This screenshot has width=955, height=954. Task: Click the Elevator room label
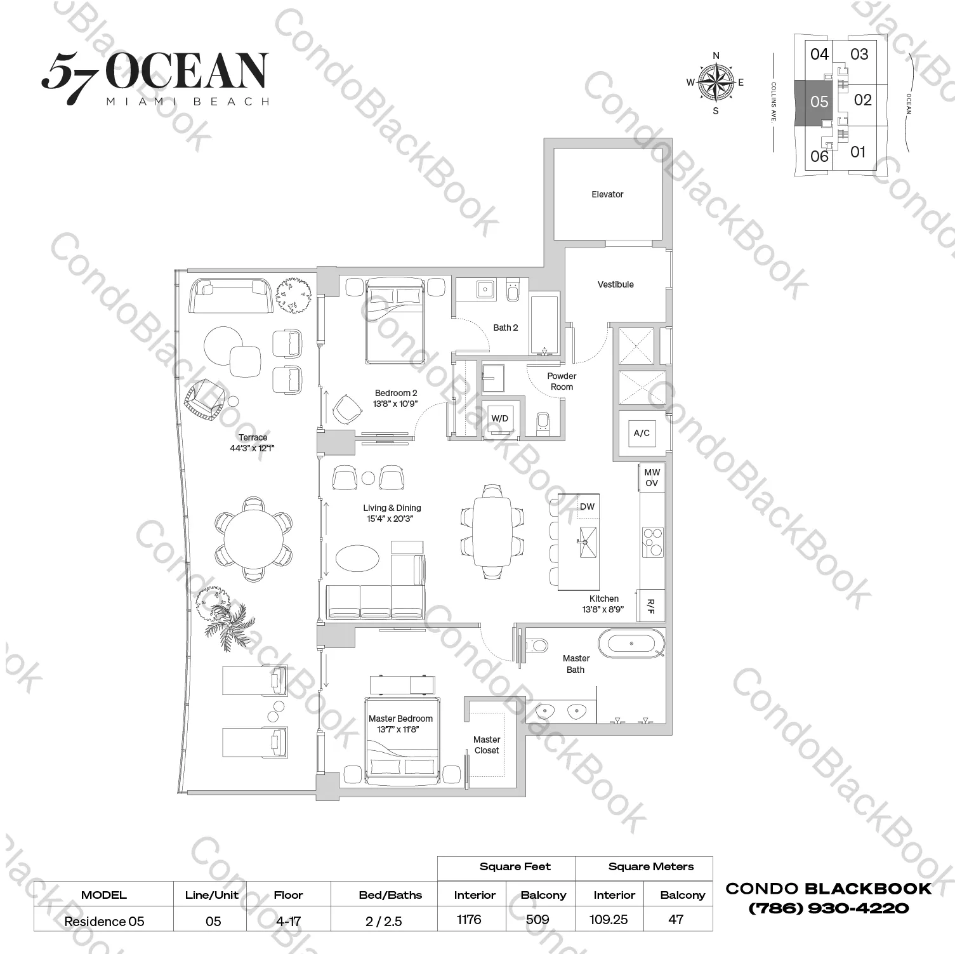(x=607, y=194)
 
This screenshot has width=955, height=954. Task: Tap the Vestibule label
(x=615, y=284)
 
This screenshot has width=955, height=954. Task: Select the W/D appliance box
(x=500, y=418)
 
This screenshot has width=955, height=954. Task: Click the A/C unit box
(x=642, y=433)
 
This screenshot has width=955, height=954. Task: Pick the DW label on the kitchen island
(x=587, y=506)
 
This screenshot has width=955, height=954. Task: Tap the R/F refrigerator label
(x=650, y=606)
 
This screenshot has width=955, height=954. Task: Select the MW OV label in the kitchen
(x=652, y=477)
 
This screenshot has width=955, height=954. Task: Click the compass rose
(x=716, y=83)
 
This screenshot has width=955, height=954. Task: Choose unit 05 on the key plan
(x=819, y=102)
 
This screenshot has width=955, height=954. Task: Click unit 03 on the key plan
(x=859, y=55)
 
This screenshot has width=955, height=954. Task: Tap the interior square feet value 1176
(x=469, y=919)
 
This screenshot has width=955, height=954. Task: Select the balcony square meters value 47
(x=676, y=919)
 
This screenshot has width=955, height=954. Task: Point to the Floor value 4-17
(x=288, y=921)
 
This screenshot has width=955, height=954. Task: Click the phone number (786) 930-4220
(x=829, y=908)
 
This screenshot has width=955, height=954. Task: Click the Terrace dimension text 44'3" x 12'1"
(x=252, y=448)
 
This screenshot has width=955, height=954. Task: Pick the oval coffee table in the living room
(x=357, y=559)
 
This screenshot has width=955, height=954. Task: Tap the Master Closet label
(x=486, y=745)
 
